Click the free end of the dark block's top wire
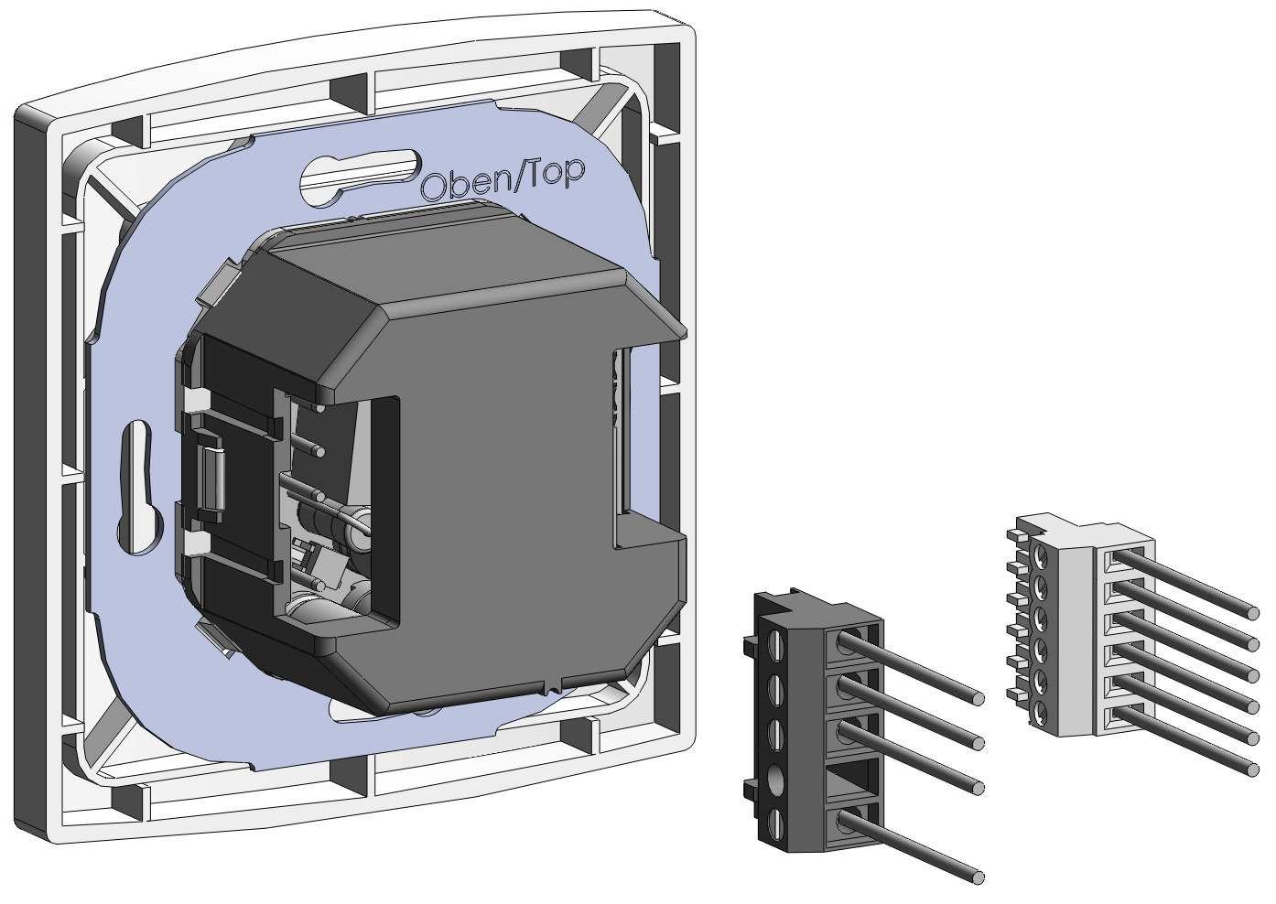point(979,698)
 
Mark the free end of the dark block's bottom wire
point(979,877)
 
